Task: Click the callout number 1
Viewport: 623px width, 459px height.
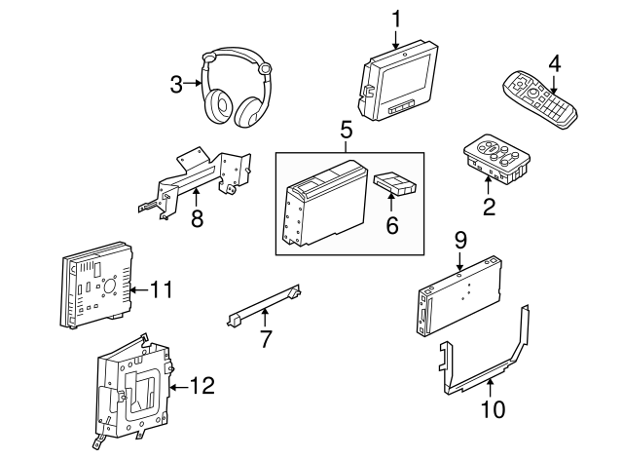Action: pos(396,19)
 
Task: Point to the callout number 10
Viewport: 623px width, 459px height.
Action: pos(494,409)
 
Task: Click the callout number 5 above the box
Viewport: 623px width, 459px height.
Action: pos(346,129)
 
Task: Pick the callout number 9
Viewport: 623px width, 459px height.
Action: pos(460,239)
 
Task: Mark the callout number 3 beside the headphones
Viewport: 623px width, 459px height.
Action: pos(176,84)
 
